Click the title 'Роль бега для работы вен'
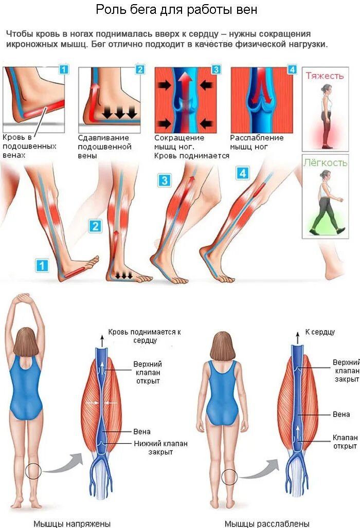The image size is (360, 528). [x=177, y=10]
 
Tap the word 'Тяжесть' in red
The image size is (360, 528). [x=325, y=76]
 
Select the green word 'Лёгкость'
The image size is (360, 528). [x=325, y=163]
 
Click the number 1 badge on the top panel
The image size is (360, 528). [x=63, y=69]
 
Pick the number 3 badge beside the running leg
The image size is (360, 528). [x=164, y=180]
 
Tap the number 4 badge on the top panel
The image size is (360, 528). [x=292, y=69]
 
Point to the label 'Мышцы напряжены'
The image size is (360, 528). [x=72, y=523]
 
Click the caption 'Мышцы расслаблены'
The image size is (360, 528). [x=267, y=523]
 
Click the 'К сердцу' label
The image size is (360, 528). [x=320, y=332]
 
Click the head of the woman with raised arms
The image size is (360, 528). [x=26, y=342]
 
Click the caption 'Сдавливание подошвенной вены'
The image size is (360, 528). [x=104, y=147]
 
